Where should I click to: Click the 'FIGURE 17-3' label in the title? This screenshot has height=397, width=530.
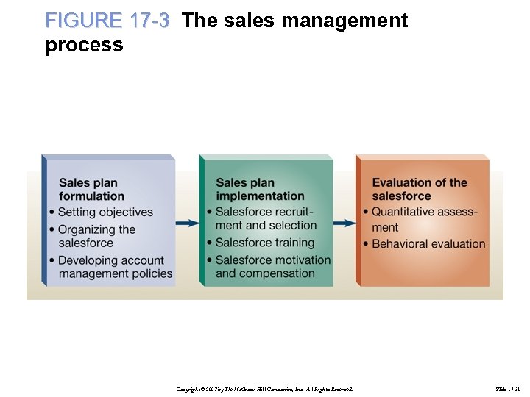107,21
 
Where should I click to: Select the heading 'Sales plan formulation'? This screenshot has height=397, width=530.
91,189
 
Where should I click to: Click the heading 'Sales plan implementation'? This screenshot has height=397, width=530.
260,189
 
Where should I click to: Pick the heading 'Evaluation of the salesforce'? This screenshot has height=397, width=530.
419,189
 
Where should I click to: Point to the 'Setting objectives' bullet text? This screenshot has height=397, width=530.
105,212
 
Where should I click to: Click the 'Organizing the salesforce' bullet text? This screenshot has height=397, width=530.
96,236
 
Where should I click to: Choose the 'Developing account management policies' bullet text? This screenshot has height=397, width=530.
115,267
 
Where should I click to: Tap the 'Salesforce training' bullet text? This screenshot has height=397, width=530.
265,243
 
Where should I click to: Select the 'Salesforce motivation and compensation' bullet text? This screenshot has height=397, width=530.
272,266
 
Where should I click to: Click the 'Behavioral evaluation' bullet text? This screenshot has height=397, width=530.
428,244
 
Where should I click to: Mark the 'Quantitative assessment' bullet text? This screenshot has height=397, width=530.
424,219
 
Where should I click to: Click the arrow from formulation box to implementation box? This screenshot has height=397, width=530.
187,223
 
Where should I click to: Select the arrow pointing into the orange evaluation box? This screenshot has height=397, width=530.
344,223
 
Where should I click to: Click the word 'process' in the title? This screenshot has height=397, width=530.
84,46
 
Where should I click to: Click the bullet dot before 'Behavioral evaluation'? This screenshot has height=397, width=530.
365,244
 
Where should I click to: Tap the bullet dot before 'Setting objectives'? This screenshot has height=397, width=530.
52,213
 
